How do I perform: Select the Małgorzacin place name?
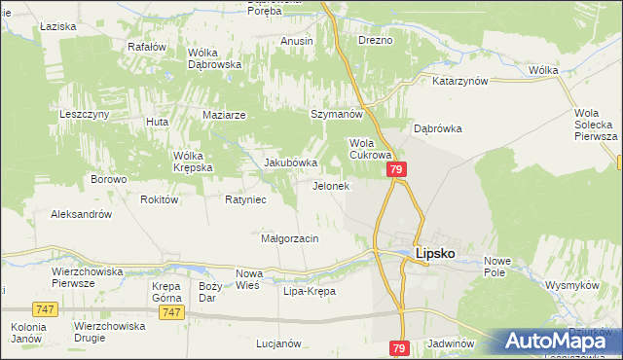click(290, 237)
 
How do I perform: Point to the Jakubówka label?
click(291, 162)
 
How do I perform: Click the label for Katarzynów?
click(459, 82)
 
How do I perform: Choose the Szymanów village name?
click(336, 114)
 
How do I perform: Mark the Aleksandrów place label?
click(82, 214)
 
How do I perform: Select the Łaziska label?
click(58, 26)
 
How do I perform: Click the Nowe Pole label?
click(497, 267)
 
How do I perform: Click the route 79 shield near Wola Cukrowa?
click(396, 169)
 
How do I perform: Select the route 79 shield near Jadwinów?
click(399, 347)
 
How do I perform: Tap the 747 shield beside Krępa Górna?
click(171, 311)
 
